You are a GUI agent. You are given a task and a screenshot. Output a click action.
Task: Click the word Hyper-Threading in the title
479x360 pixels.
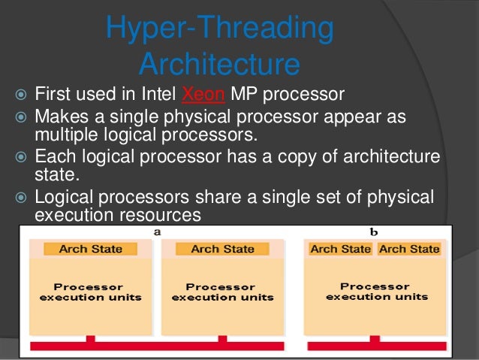click(x=219, y=28)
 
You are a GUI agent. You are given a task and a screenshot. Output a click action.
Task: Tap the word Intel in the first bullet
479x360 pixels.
click(x=154, y=95)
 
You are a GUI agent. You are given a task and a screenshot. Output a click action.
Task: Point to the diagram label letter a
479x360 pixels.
click(x=157, y=231)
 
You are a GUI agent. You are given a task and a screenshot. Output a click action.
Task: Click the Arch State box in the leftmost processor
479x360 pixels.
click(x=90, y=249)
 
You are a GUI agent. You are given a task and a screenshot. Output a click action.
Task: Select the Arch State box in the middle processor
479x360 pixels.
click(x=222, y=249)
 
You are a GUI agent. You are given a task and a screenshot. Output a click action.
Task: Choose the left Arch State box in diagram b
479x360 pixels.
click(x=340, y=249)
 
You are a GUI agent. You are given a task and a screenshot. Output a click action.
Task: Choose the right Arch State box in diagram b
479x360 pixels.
click(x=409, y=249)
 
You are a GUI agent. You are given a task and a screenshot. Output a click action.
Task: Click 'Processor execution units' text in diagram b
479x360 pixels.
click(x=376, y=292)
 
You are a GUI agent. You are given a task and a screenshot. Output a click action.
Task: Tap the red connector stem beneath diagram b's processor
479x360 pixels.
click(x=375, y=340)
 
